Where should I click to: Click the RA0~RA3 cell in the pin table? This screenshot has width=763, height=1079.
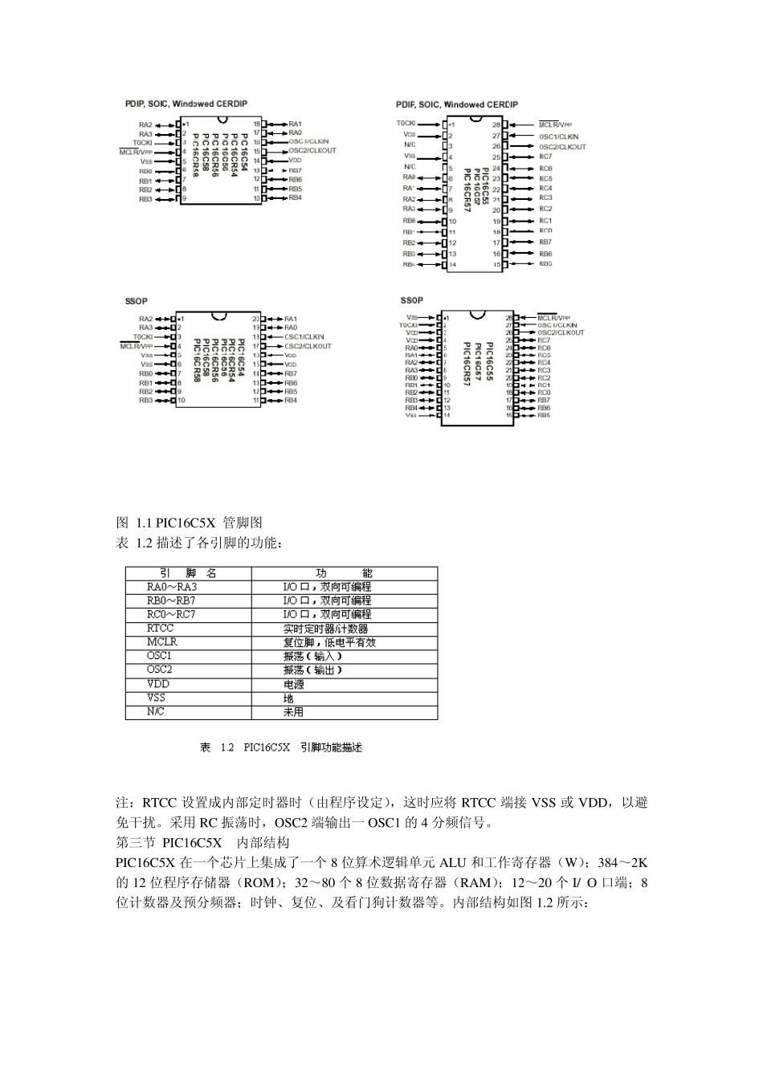172,587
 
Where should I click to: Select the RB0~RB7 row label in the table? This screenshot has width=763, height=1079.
171,601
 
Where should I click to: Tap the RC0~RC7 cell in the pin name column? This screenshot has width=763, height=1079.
171,614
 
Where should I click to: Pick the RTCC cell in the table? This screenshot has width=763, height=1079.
160,628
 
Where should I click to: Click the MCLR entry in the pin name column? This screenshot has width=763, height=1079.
161,641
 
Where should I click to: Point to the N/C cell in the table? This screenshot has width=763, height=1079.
156,711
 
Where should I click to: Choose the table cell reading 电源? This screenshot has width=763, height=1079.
294,685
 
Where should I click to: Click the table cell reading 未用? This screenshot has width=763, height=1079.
294,711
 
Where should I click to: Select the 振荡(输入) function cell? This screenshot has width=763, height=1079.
313,656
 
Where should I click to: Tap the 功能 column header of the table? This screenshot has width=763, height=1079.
345,573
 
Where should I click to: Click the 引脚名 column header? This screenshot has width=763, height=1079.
189,573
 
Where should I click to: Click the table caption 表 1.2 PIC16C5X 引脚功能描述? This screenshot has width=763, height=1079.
281,747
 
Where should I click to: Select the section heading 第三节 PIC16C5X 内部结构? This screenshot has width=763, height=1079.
202,843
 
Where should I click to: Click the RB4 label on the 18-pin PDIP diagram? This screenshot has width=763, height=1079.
296,197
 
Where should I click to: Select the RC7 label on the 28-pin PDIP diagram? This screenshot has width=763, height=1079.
546,157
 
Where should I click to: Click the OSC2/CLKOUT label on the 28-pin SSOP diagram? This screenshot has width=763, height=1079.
561,332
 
